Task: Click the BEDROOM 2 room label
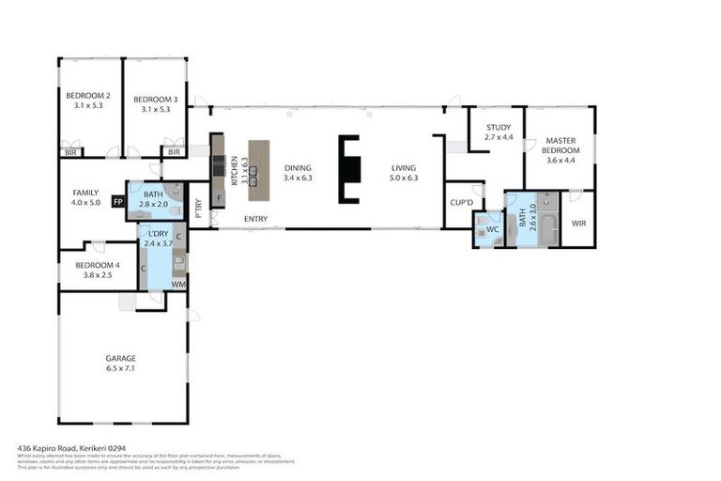coord(88,96)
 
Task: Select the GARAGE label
coord(121,358)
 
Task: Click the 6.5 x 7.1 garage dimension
coord(121,369)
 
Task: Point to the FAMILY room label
coord(85,193)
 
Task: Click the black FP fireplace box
coord(117,201)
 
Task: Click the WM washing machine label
coord(177,284)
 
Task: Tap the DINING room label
coord(297,169)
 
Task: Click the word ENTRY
coord(255,220)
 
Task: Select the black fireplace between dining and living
coord(349,169)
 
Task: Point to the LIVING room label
coord(404,169)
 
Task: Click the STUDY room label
coord(498,127)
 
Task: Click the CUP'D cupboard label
coord(460,202)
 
